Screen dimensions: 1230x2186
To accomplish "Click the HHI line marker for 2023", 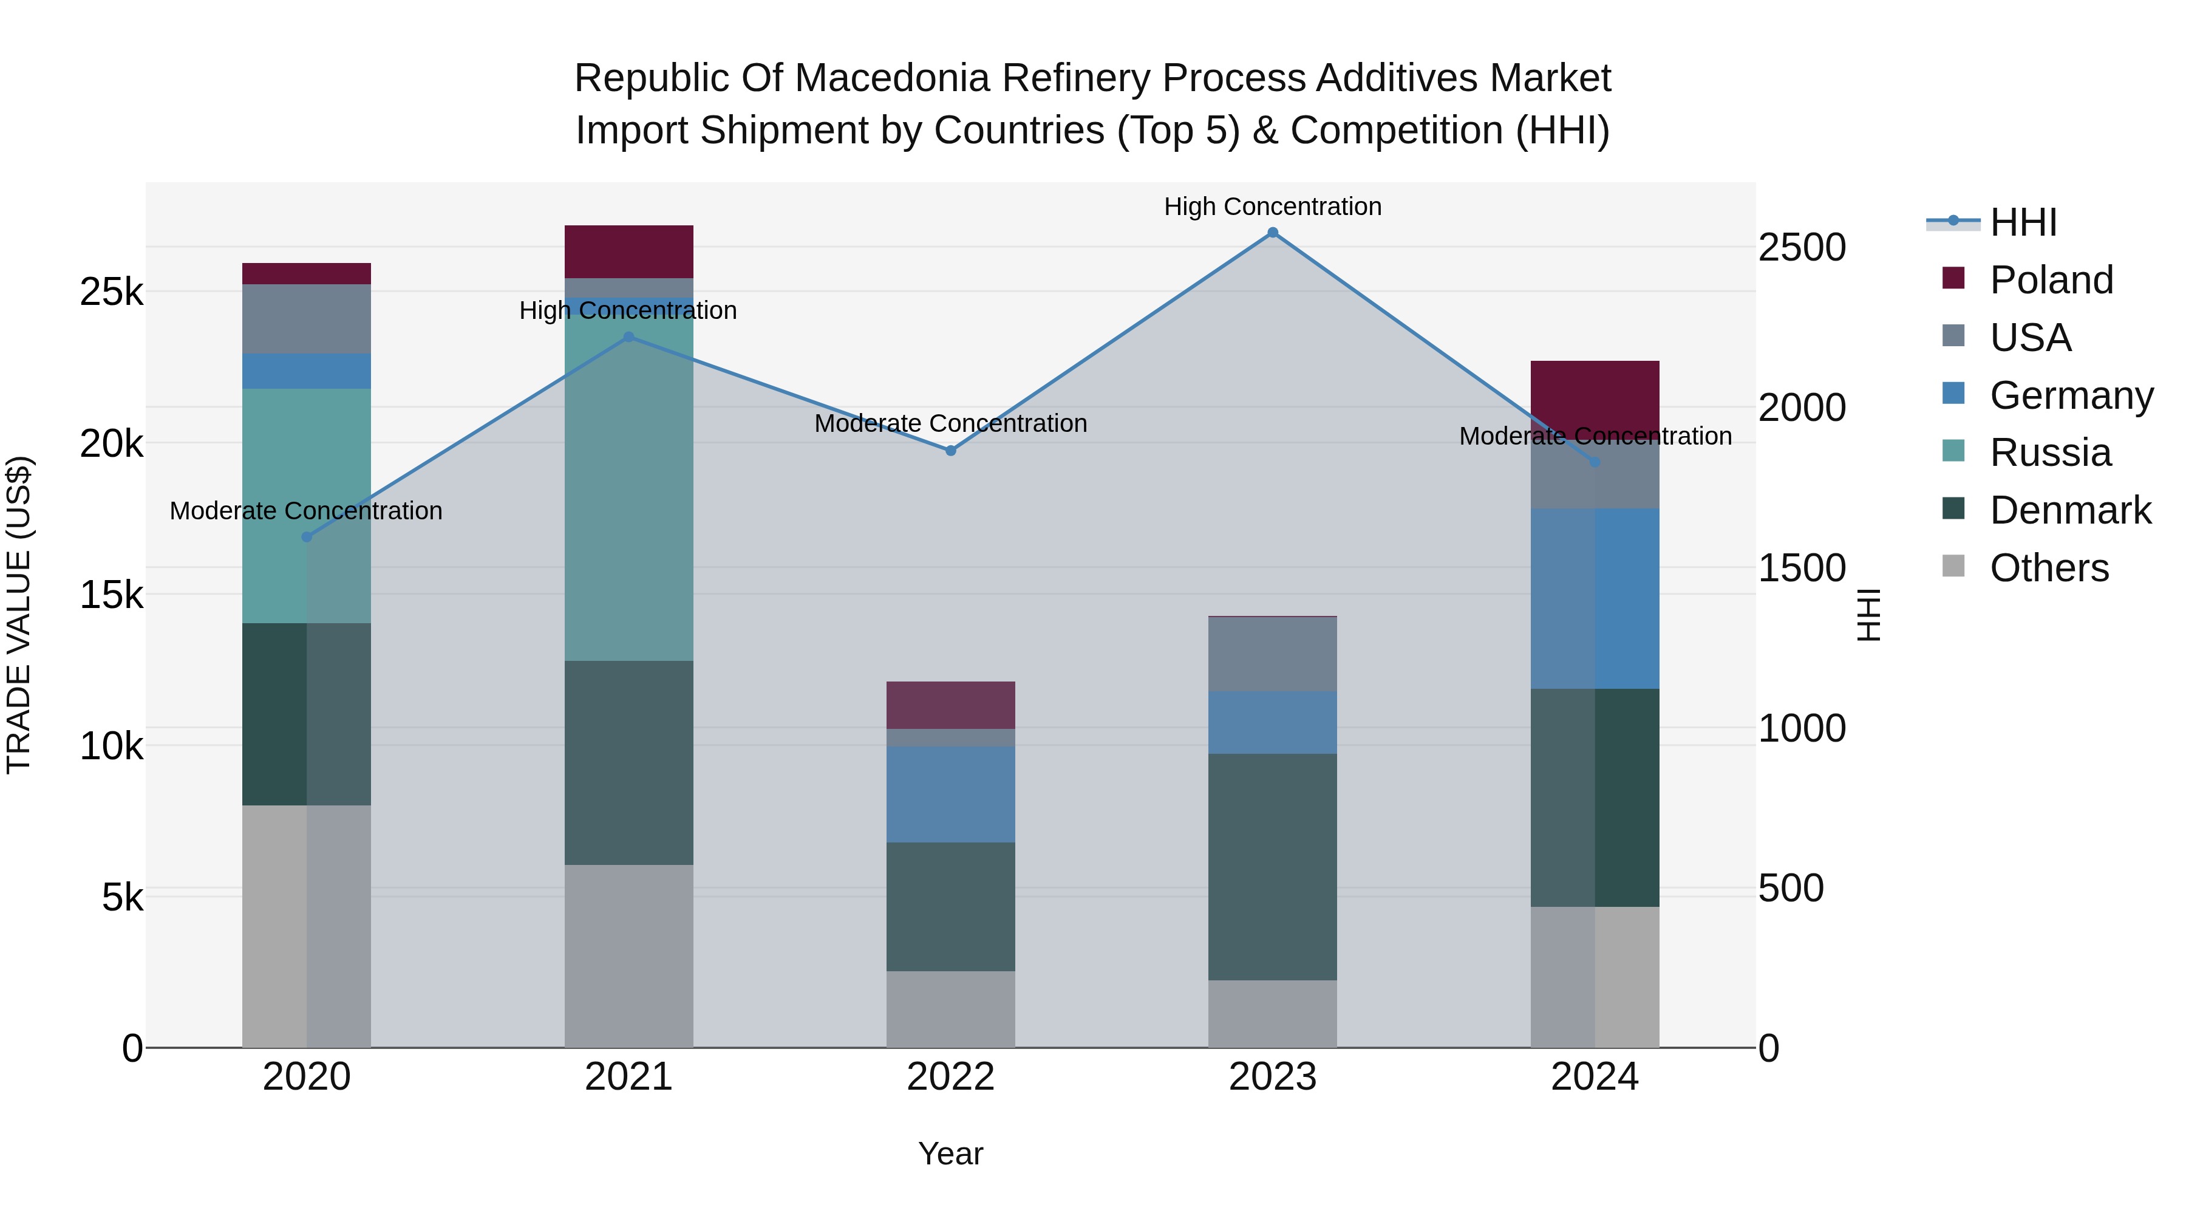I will pyautogui.click(x=1272, y=233).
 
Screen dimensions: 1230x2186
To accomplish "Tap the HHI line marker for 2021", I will pyautogui.click(x=629, y=337).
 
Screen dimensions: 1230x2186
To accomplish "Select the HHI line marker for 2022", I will pyautogui.click(x=950, y=451).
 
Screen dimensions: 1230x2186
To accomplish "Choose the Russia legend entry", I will pyautogui.click(x=2049, y=453).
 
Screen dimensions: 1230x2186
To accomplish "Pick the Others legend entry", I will pyautogui.click(x=2049, y=568).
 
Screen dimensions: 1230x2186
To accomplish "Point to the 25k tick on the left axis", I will pyautogui.click(x=111, y=292).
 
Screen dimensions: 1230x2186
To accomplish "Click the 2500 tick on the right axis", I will pyautogui.click(x=1802, y=248).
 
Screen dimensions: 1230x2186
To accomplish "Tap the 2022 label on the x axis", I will pyautogui.click(x=950, y=1077).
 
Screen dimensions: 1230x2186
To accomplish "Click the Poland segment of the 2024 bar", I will pyautogui.click(x=1595, y=391).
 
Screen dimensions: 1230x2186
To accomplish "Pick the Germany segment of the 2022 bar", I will pyautogui.click(x=950, y=794).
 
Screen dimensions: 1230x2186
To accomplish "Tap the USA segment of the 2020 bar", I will pyautogui.click(x=307, y=319).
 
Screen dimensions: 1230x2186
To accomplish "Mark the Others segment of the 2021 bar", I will pyautogui.click(x=629, y=956).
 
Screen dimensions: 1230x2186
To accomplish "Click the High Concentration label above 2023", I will pyautogui.click(x=1272, y=207).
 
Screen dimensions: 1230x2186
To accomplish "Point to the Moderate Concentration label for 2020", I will pyautogui.click(x=307, y=511).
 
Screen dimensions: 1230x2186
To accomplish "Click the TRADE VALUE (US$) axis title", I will pyautogui.click(x=19, y=615).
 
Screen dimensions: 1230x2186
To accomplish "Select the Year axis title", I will pyautogui.click(x=950, y=1153).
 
